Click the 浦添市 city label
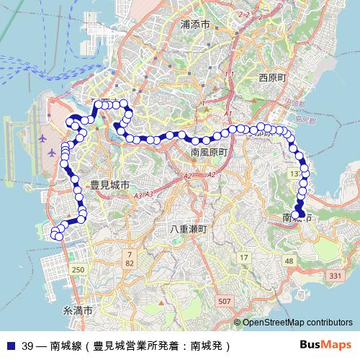click(195, 24)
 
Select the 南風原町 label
click(209, 153)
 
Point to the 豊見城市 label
click(109, 185)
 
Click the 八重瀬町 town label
click(189, 229)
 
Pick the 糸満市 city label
click(78, 311)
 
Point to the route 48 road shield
click(289, 261)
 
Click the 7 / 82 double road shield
click(130, 259)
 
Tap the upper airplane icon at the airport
click(41, 136)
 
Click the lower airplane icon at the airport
click(51, 153)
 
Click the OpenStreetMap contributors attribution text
click(297, 322)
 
